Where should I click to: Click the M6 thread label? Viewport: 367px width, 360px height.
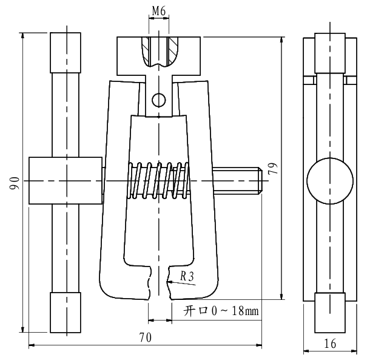coord(158,11)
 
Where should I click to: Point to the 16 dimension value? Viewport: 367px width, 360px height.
coord(329,343)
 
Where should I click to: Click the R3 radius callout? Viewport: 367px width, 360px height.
coord(188,277)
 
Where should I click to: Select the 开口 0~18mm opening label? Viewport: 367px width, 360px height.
coord(221,311)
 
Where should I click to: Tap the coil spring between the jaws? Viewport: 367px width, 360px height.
coord(159,180)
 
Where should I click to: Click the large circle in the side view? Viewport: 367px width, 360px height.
coord(329,181)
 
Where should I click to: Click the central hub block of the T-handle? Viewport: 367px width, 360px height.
coord(65,181)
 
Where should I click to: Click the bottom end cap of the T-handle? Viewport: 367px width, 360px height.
coord(65,312)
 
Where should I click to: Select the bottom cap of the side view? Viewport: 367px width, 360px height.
coord(329,312)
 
